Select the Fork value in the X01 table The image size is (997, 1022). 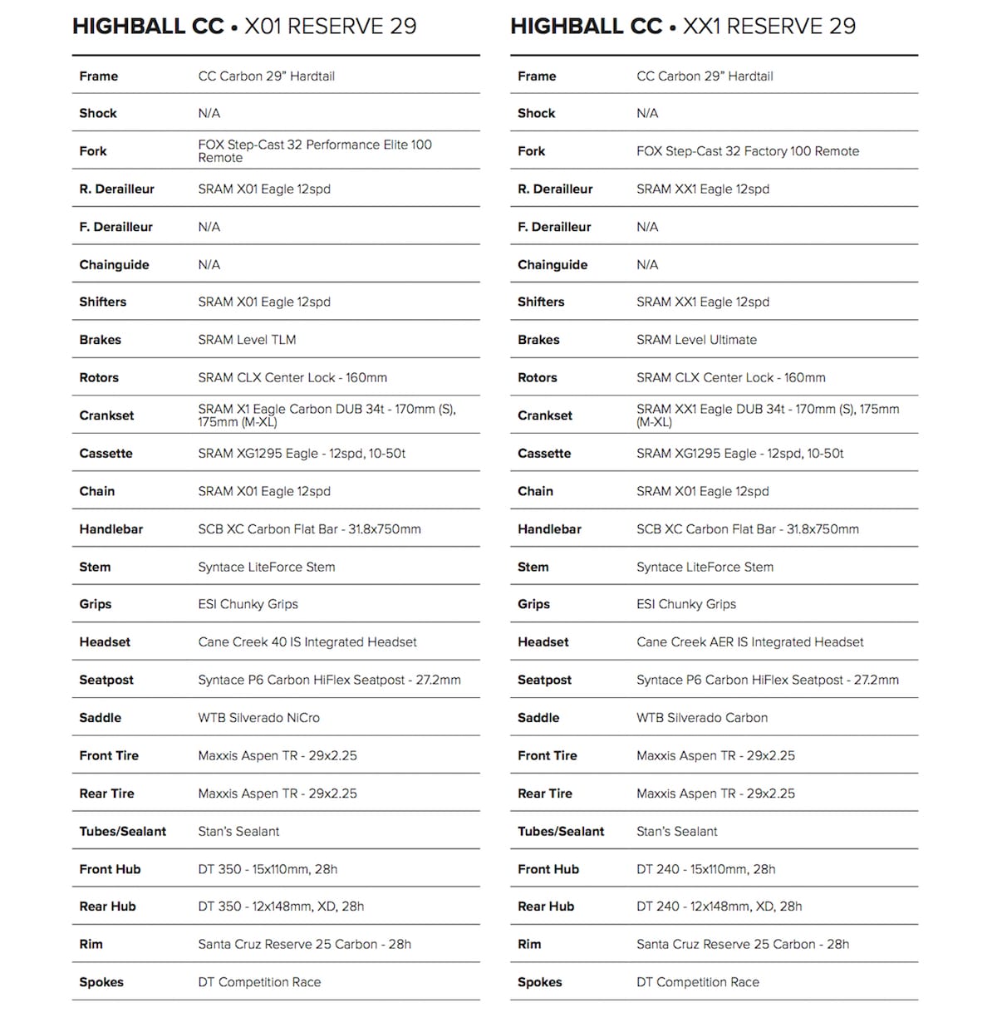[314, 151]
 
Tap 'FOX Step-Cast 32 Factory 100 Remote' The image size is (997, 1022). [747, 151]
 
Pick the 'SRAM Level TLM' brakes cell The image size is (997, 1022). [247, 340]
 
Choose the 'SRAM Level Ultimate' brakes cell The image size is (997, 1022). [696, 340]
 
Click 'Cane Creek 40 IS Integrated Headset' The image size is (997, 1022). [307, 642]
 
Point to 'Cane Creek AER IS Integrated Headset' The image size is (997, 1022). [749, 642]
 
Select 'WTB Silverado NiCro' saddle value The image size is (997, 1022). [258, 718]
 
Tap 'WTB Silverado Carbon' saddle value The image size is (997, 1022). [701, 718]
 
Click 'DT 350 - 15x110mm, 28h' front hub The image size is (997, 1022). [268, 869]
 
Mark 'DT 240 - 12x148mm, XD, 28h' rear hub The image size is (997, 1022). [719, 907]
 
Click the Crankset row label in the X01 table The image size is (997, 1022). [106, 415]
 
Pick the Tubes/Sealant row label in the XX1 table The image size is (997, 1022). [561, 831]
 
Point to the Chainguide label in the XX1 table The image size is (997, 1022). [553, 265]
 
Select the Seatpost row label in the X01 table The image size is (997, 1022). [106, 680]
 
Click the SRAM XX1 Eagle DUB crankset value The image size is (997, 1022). [767, 415]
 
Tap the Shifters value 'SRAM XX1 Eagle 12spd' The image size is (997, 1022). [702, 302]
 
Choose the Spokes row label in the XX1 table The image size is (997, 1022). [539, 982]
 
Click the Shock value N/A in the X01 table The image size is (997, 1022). [209, 114]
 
